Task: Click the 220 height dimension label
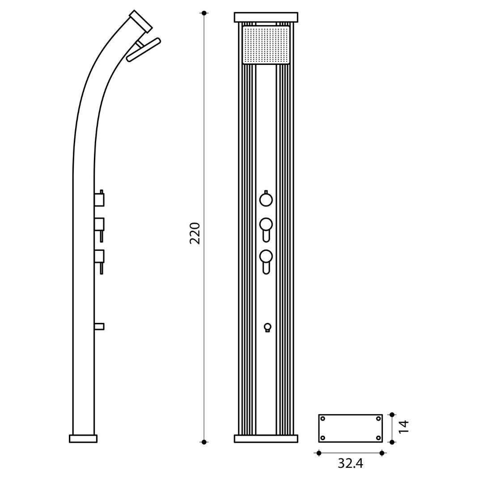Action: pyautogui.click(x=195, y=233)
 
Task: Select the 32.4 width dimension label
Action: pyautogui.click(x=350, y=464)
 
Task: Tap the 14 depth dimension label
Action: pyautogui.click(x=404, y=427)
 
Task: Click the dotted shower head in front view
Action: pyautogui.click(x=266, y=45)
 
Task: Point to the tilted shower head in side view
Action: pyautogui.click(x=144, y=50)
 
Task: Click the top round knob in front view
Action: pyautogui.click(x=266, y=199)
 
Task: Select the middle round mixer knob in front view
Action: pyautogui.click(x=266, y=225)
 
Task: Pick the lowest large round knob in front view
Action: pyautogui.click(x=266, y=256)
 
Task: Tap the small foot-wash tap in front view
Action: pyautogui.click(x=267, y=327)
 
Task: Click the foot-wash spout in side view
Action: pyautogui.click(x=99, y=326)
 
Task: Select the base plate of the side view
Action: pyautogui.click(x=83, y=439)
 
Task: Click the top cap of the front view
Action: pyautogui.click(x=266, y=17)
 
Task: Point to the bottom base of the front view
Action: pyautogui.click(x=266, y=439)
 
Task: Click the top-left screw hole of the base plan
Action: pyautogui.click(x=323, y=419)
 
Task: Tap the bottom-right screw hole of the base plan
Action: pyautogui.click(x=378, y=438)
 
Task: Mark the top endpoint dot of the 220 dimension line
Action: pyautogui.click(x=204, y=13)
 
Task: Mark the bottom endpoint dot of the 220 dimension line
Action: pyautogui.click(x=204, y=442)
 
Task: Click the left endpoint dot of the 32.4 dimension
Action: pyautogui.click(x=319, y=453)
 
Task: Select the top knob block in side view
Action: pyautogui.click(x=99, y=199)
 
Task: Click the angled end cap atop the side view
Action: pyautogui.click(x=141, y=21)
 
